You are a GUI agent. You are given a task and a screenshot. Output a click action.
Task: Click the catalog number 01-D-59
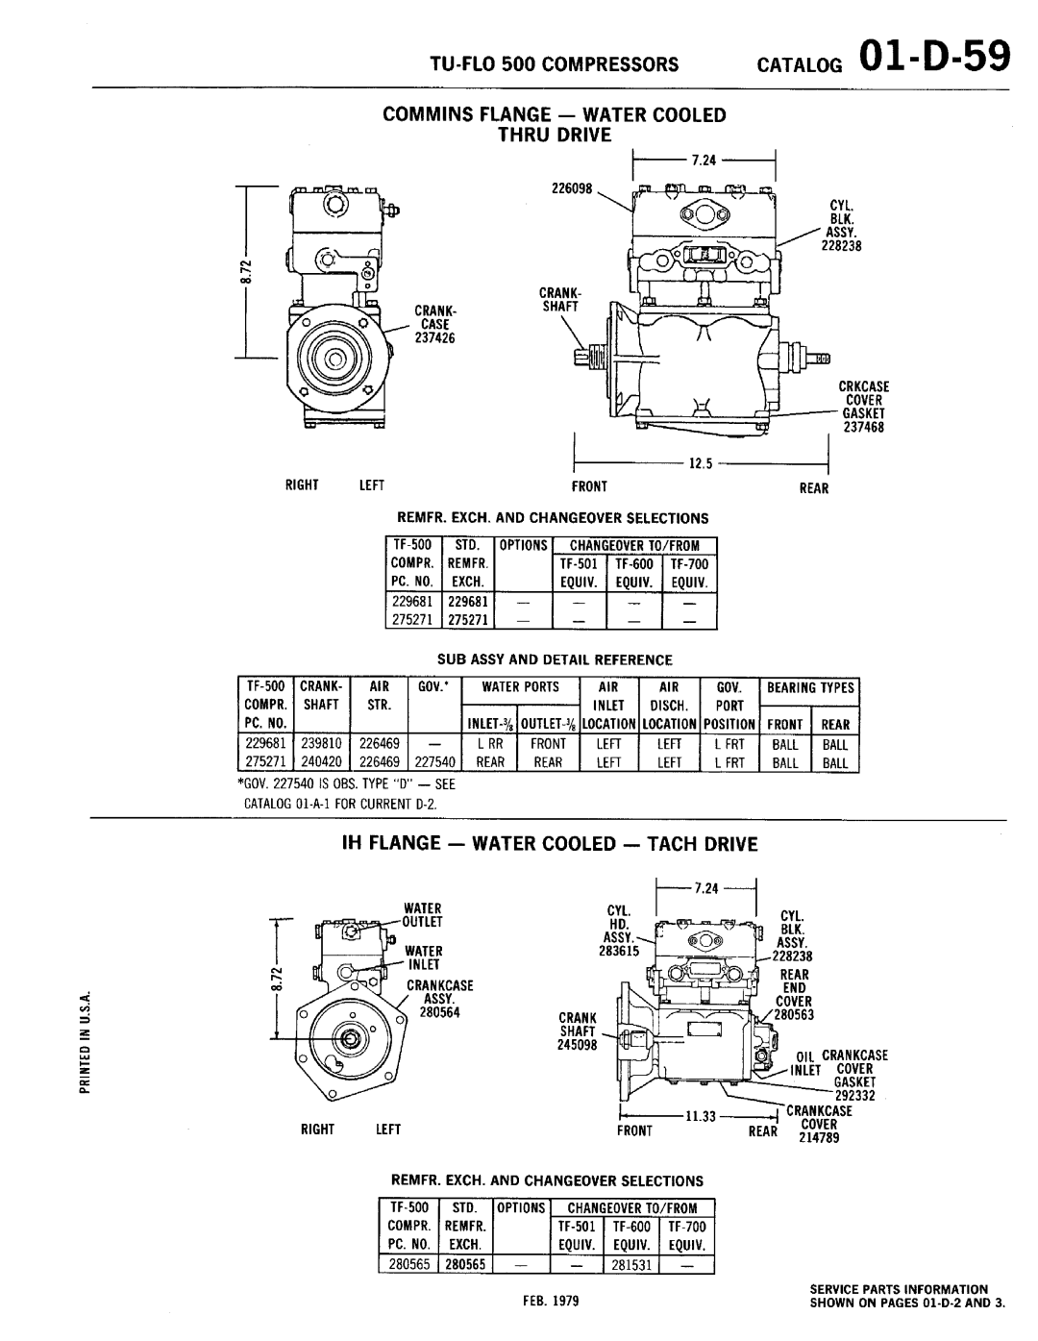click(935, 57)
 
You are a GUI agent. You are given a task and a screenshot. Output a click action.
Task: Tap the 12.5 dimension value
click(701, 463)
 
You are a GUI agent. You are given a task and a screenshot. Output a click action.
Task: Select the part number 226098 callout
click(572, 188)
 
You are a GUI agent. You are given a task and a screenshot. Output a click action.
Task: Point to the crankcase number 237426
click(434, 338)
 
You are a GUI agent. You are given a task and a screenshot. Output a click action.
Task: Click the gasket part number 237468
click(863, 427)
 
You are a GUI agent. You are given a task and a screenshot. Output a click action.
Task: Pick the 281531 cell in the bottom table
click(631, 1264)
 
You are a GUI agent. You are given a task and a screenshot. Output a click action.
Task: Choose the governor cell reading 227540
click(434, 762)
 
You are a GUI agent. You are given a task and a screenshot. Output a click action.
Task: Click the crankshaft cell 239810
click(321, 744)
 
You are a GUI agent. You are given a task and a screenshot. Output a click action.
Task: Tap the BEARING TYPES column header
click(810, 687)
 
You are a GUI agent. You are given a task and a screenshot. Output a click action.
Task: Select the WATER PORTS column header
click(521, 687)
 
